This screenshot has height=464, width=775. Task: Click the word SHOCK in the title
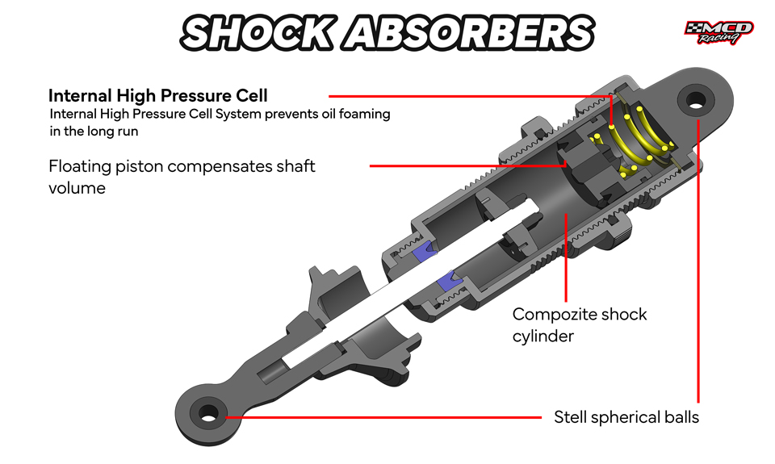pyautogui.click(x=257, y=32)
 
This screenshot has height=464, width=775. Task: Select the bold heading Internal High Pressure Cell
pyautogui.click(x=158, y=95)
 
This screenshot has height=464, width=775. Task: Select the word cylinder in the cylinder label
pyautogui.click(x=542, y=335)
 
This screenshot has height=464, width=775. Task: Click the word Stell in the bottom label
pyautogui.click(x=572, y=417)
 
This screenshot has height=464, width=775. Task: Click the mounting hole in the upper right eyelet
pyautogui.click(x=694, y=101)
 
